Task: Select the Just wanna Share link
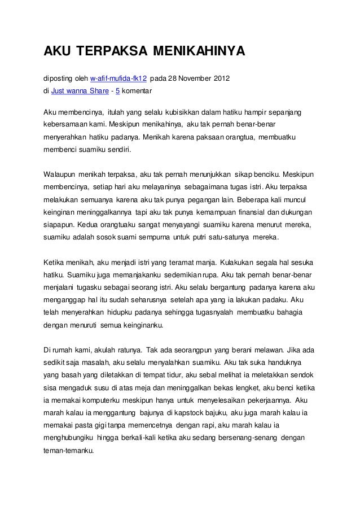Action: [78, 90]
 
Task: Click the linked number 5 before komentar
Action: [117, 90]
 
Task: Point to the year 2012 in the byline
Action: [220, 77]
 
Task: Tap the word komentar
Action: [137, 90]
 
